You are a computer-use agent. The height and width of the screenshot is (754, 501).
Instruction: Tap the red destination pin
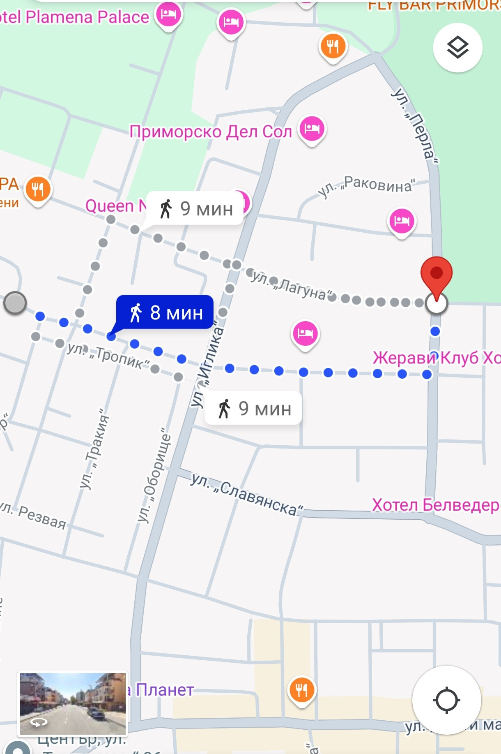coord(436,273)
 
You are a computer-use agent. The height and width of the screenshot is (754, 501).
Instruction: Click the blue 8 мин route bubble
coord(165,312)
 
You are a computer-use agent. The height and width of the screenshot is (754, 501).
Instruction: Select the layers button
coord(457,48)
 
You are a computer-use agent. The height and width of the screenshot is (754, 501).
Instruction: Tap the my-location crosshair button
coord(446,700)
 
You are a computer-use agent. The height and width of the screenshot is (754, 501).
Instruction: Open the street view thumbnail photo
coord(73,703)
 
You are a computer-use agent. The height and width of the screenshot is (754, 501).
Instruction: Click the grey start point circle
coord(15,303)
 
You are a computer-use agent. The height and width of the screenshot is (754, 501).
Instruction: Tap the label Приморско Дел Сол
coord(211,132)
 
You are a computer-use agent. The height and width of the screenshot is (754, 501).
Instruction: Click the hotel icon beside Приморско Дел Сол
coord(312,129)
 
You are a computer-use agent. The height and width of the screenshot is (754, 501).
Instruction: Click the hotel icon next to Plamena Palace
coord(168,14)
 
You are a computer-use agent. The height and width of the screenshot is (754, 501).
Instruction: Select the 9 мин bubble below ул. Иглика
coord(254,408)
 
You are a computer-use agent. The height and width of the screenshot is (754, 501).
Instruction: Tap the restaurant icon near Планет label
coord(302,690)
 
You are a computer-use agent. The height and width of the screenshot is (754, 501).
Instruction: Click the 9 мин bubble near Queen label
coord(195,209)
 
